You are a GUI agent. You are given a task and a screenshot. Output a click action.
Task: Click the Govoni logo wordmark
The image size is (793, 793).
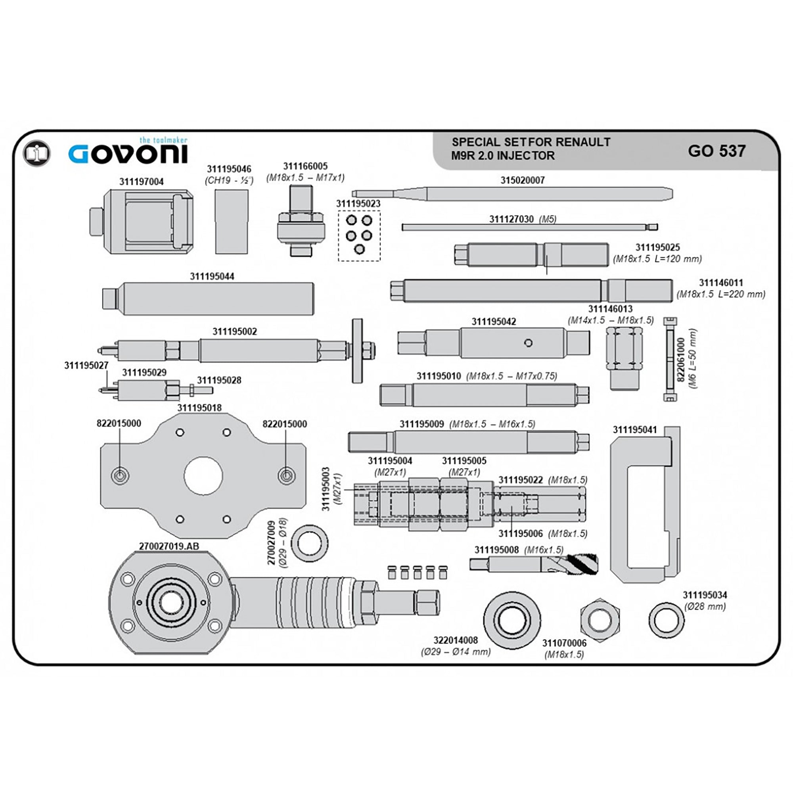tap(128, 154)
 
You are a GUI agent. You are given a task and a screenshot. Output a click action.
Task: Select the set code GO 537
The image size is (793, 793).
tap(716, 151)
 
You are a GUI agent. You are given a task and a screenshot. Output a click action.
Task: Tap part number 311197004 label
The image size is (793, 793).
tap(141, 182)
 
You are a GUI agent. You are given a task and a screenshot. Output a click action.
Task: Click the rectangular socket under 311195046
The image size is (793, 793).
tap(232, 222)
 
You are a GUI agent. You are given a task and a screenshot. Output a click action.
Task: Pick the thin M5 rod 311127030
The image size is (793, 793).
tap(529, 227)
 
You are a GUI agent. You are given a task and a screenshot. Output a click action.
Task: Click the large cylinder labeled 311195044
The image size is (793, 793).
tap(208, 299)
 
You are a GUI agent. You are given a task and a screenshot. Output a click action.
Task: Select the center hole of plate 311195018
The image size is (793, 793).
tap(203, 476)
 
